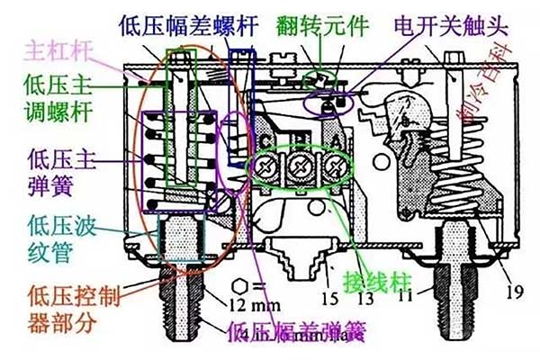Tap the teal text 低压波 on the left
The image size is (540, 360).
pyautogui.click(x=59, y=224)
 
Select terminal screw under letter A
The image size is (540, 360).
pyautogui.click(x=336, y=167)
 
